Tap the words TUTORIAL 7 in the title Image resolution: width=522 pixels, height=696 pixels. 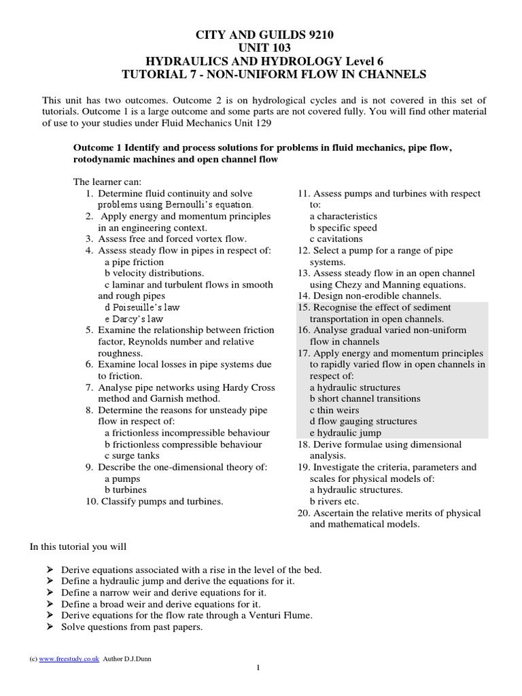point(150,73)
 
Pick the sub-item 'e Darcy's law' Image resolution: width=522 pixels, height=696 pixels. point(134,319)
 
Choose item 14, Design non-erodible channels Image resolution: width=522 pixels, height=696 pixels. point(369,296)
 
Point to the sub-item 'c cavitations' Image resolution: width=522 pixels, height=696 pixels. point(336,239)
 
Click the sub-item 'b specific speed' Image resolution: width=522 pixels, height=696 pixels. point(343,228)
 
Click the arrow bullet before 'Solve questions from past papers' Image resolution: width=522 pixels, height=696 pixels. point(51,627)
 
